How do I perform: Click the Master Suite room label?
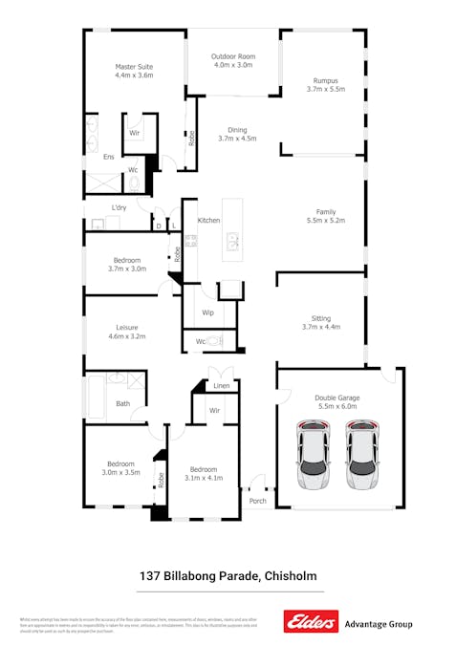click(x=134, y=66)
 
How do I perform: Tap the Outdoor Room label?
click(x=232, y=57)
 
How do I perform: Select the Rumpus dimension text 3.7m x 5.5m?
click(x=325, y=89)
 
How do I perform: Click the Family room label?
click(x=325, y=212)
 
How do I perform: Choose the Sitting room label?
click(x=321, y=319)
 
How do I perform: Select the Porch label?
click(x=258, y=500)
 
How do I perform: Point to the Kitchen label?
click(x=209, y=221)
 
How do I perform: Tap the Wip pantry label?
click(x=207, y=312)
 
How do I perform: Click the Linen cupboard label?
click(x=221, y=386)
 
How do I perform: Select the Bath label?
click(x=123, y=403)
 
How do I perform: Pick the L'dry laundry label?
click(x=119, y=207)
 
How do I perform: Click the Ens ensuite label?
click(x=109, y=156)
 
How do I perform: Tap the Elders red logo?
click(x=311, y=622)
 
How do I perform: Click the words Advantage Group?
click(x=378, y=623)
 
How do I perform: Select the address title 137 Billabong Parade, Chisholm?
click(x=228, y=576)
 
